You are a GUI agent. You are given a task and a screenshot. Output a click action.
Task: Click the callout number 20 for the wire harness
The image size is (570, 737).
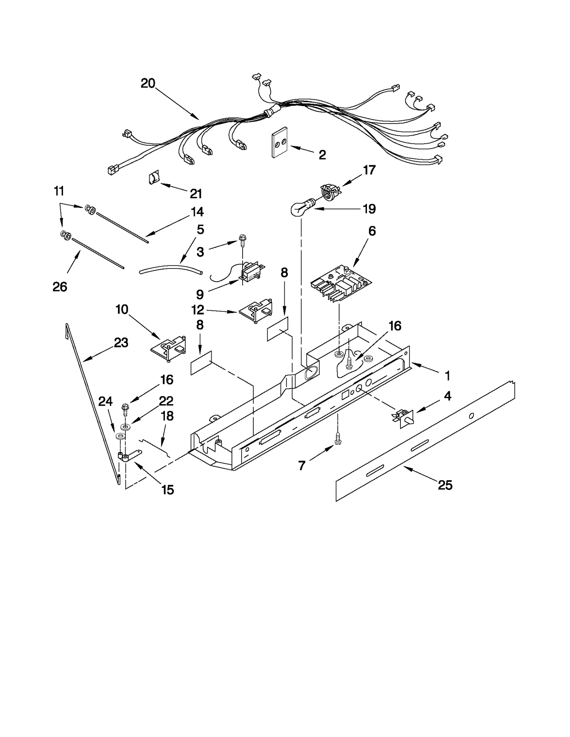coord(148,83)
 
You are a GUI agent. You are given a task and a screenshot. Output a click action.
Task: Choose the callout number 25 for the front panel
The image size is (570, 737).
coord(445,485)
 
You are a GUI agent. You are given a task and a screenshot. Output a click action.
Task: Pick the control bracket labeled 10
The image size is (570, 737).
coord(169,347)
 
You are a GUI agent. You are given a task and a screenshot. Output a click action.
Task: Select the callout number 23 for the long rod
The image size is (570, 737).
coord(121,343)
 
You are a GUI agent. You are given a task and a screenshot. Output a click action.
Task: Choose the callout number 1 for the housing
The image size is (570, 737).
coord(447,376)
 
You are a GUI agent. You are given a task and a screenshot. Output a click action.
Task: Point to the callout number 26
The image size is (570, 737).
coord(60,287)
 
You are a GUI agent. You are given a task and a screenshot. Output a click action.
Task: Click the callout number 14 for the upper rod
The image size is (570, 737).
coord(197,212)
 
